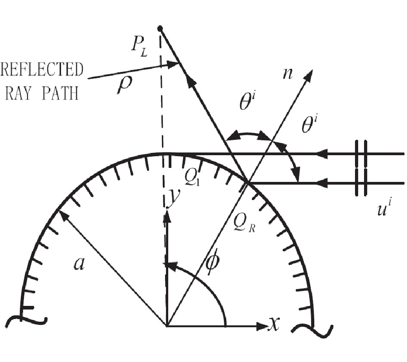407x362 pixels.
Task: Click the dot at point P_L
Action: pos(160,28)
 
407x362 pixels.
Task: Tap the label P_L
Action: pos(139,48)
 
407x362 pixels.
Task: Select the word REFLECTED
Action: pos(42,69)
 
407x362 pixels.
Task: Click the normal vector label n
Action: pos(287,73)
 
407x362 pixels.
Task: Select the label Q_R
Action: pos(244,223)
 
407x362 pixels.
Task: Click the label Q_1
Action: pos(192,177)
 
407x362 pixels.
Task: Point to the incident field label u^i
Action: pos(384,207)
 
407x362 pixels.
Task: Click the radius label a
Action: pos(79,264)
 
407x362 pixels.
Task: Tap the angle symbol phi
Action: pos(213,263)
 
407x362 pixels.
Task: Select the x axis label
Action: pos(274,324)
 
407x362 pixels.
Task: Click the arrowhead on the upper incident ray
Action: pos(322,154)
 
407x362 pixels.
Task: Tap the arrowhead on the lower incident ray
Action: pos(322,183)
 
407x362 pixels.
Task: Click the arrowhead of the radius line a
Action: pos(63,215)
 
